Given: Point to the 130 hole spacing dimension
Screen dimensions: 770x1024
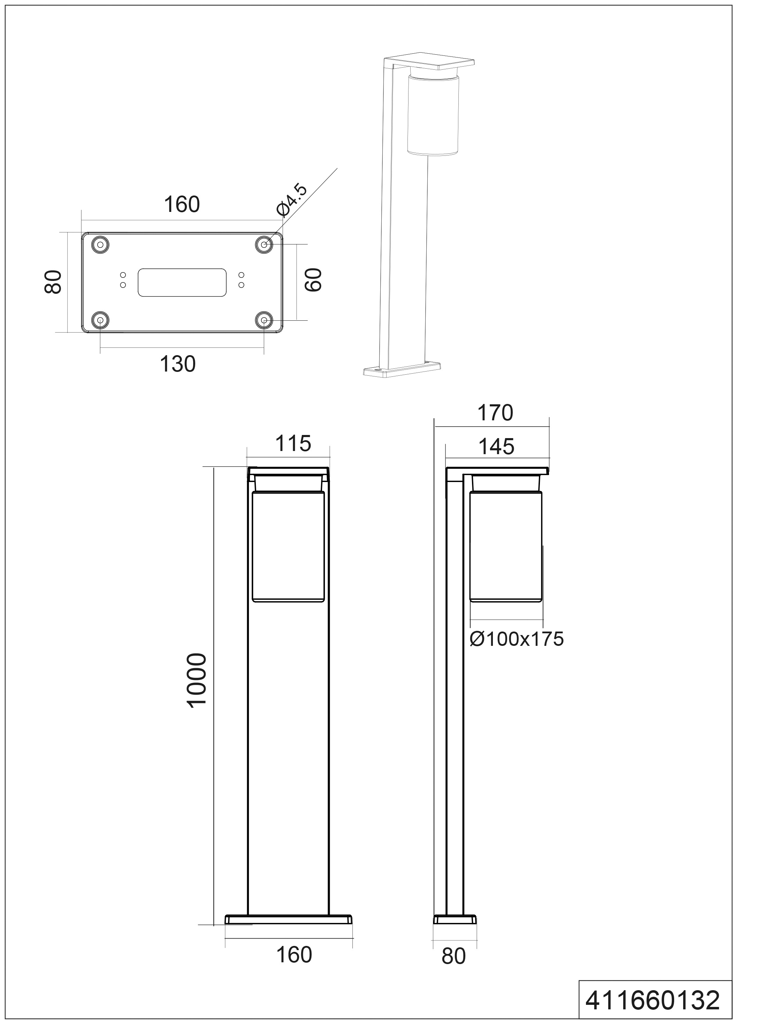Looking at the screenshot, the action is click(178, 364).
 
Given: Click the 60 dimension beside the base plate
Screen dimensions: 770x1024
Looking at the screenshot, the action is click(313, 280).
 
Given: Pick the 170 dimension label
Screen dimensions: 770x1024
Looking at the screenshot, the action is click(495, 413).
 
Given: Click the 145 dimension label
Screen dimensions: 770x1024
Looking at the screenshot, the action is click(496, 447).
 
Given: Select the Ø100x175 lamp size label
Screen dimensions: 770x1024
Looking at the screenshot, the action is click(517, 639).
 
